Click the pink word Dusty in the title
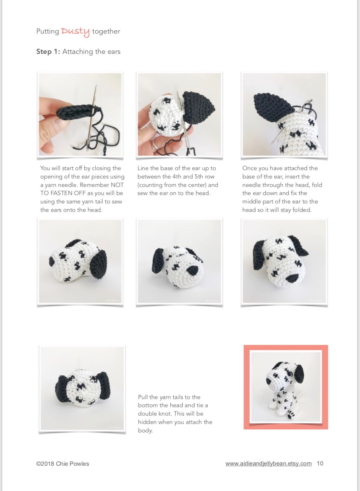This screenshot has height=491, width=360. [75, 32]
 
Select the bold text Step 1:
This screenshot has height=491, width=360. [48, 52]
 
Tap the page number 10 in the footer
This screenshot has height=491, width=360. [320, 463]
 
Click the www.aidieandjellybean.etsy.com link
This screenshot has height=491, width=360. [269, 463]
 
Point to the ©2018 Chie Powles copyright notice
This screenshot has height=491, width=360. [63, 464]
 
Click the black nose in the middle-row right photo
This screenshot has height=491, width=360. [292, 279]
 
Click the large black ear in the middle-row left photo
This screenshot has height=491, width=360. [98, 264]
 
